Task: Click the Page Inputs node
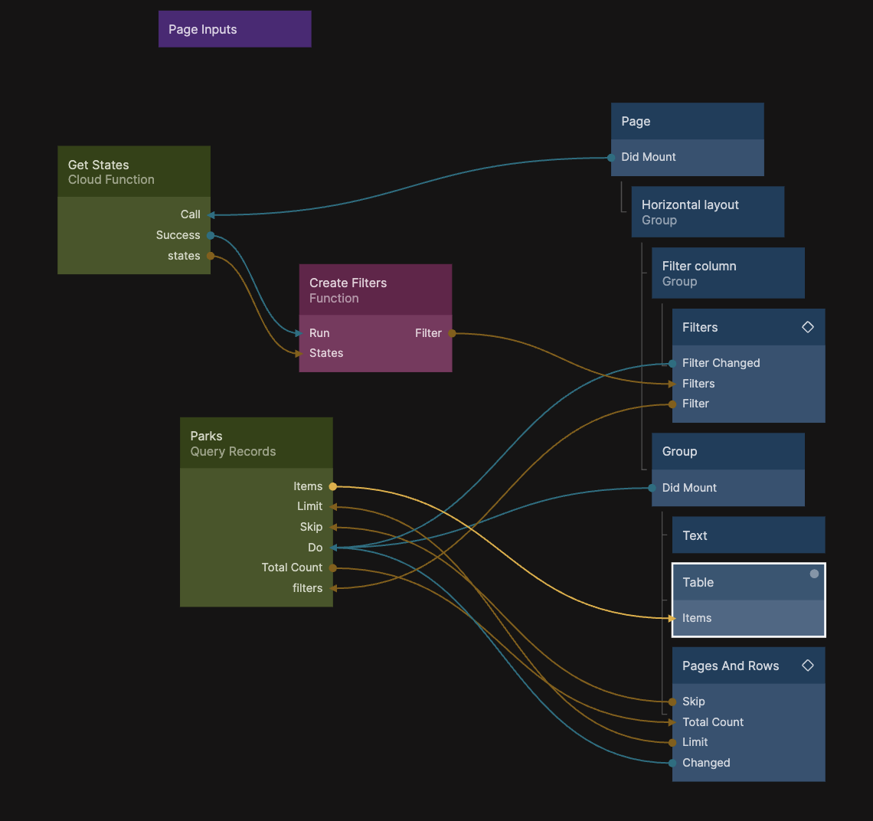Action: coord(234,29)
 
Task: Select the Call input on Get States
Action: coord(190,214)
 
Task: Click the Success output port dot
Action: coord(211,235)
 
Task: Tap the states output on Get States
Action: coord(184,256)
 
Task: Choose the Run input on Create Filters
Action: coord(319,333)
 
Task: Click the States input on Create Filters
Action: coord(326,353)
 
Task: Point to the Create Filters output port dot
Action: coord(452,333)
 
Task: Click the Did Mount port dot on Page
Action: coord(611,158)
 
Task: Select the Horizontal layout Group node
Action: coord(707,212)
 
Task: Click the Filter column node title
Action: coord(699,266)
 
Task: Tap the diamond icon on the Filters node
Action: coord(807,327)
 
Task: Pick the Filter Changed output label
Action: coord(721,363)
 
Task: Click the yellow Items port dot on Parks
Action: coord(332,486)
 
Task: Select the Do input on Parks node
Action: coord(316,548)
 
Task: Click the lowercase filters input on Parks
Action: coord(307,588)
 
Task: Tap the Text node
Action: coord(747,535)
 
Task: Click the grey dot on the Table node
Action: coord(814,574)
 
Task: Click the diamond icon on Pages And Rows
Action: coord(807,666)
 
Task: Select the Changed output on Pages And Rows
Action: coord(706,763)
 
